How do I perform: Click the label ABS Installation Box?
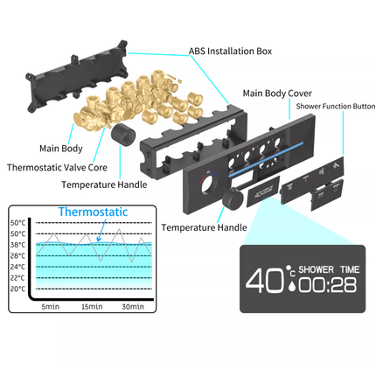pos(230,52)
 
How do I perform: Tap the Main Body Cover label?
pos(277,94)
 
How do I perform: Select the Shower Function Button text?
pos(336,106)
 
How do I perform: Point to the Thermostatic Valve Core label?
pos(57,167)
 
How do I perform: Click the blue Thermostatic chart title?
pos(93,212)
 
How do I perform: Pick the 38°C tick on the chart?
pos(17,245)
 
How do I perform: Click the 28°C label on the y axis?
pos(17,256)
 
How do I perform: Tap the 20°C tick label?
pos(17,289)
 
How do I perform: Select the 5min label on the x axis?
pos(51,307)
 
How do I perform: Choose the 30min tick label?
pos(133,307)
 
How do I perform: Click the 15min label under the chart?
pos(92,307)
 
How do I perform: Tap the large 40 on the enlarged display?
pos(264,281)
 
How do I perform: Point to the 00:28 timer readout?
pos(328,285)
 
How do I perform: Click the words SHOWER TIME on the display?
pos(329,269)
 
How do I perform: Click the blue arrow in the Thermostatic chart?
pos(101,230)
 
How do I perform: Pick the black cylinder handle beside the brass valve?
pos(123,135)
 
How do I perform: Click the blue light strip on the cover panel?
pos(266,160)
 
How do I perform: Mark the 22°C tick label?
pos(17,278)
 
